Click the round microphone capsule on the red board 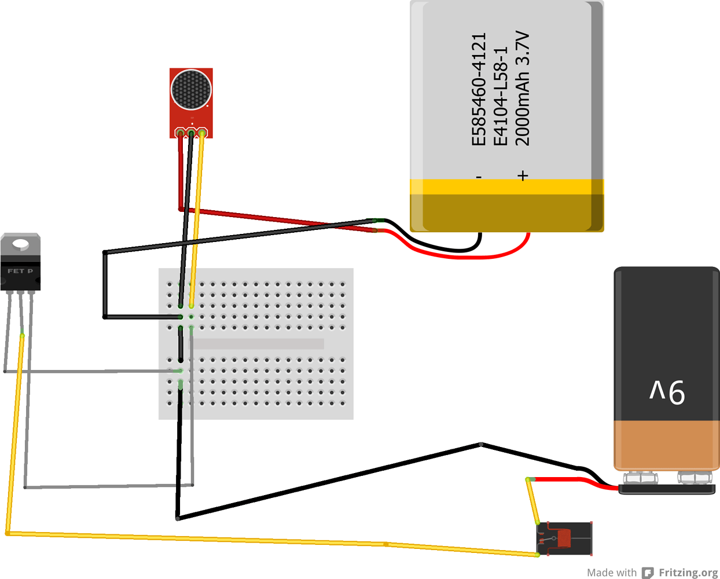click(191, 89)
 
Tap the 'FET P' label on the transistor click(20, 271)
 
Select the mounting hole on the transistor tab click(21, 244)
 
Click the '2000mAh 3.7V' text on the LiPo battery click(522, 88)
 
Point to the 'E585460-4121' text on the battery click(479, 89)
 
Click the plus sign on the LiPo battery click(523, 175)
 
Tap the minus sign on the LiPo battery click(479, 176)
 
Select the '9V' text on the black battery click(667, 391)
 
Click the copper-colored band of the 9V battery click(666, 444)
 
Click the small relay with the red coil click(564, 538)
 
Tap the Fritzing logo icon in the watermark click(648, 573)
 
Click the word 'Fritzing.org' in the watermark click(688, 573)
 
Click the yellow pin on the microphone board click(202, 134)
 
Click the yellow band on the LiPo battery click(506, 186)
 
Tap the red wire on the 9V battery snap click(573, 480)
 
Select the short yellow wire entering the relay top click(532, 501)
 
